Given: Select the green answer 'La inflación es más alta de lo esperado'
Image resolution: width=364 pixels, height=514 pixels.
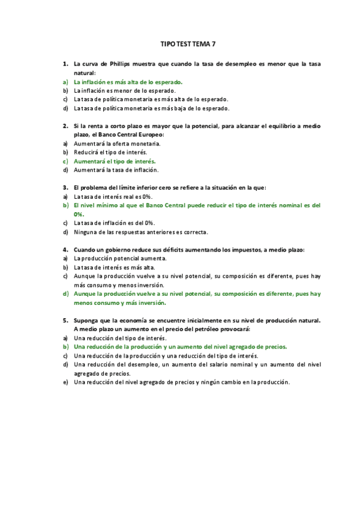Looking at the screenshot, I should coord(128,81).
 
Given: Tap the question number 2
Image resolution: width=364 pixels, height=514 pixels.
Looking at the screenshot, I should coord(65,125).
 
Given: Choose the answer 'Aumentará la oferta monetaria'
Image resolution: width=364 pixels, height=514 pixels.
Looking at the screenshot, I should coord(117,144).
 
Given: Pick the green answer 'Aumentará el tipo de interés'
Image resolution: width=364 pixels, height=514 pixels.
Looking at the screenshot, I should coord(115,161).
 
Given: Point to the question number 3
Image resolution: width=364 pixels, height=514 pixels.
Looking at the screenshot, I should coord(65,187).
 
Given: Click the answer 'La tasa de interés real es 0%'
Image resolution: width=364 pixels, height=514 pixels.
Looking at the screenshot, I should coord(113,196).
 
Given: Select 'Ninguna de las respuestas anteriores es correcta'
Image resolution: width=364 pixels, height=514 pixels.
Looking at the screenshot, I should coord(141,232).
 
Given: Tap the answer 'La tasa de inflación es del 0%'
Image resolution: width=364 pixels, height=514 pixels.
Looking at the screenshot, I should coord(115,223).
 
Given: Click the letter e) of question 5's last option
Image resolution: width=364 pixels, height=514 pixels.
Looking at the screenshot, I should coord(65,382).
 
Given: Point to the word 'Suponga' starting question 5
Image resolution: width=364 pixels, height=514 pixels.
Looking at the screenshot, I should coord(87,320).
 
